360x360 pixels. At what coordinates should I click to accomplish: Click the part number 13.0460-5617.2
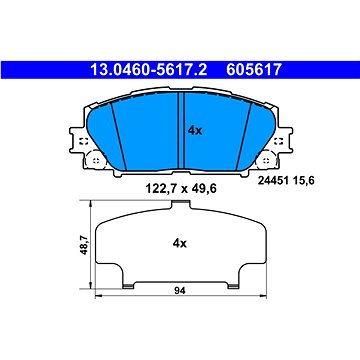coord(149,70)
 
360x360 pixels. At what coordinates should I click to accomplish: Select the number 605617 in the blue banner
coord(254,70)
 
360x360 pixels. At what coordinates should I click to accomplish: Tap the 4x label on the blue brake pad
coord(195,131)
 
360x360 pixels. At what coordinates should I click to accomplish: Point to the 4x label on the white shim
coord(180,244)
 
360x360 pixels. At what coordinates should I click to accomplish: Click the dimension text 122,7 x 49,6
coord(181,189)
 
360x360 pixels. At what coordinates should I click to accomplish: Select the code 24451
coord(271,181)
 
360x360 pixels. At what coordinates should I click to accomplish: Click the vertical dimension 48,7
coord(84,245)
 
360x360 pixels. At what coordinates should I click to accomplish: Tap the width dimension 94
coord(180,291)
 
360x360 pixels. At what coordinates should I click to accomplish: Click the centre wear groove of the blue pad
coord(182,131)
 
